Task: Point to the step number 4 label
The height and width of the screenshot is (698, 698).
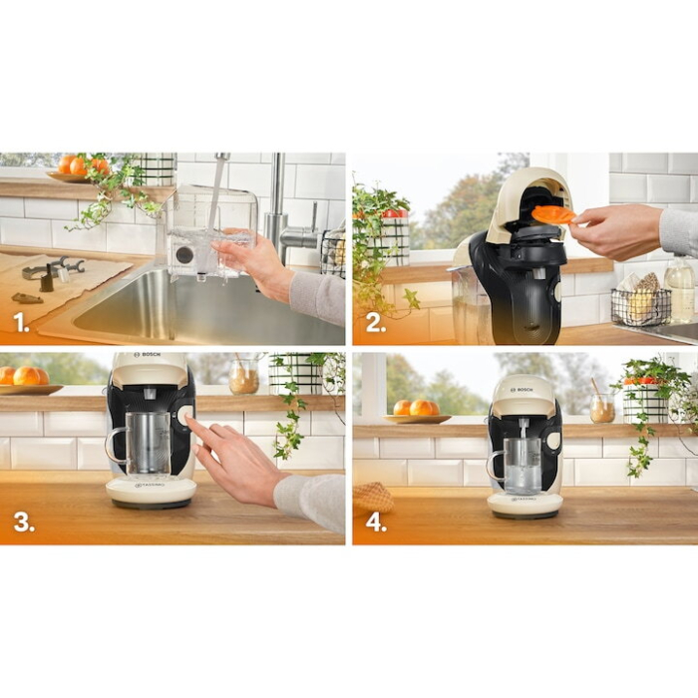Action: [376, 523]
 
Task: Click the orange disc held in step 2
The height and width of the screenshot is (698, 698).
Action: [552, 213]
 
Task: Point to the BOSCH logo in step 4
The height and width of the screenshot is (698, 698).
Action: [523, 388]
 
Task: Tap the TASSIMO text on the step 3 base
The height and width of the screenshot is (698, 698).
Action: [151, 486]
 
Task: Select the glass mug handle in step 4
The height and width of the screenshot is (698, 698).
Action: [494, 468]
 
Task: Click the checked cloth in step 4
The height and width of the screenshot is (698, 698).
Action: [373, 497]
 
